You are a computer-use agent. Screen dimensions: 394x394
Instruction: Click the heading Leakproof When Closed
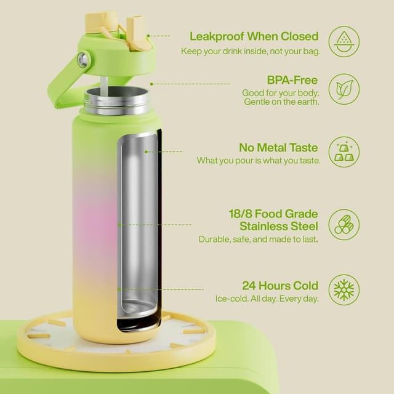[x=254, y=36]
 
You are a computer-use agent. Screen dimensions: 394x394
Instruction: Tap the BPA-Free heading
[x=292, y=81]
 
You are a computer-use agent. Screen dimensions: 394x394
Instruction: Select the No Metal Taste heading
[x=278, y=148]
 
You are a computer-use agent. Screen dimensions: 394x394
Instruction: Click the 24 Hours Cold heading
[x=280, y=286]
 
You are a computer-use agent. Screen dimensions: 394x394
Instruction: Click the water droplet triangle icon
[x=344, y=41]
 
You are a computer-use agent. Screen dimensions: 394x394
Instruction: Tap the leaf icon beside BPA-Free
[x=344, y=89]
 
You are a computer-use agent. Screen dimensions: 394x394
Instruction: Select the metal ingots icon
[x=344, y=151]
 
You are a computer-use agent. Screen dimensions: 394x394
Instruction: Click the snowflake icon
[x=344, y=290]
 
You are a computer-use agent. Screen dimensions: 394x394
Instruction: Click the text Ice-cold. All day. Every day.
[x=267, y=299]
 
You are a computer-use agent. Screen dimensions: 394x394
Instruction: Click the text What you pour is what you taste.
[x=258, y=161]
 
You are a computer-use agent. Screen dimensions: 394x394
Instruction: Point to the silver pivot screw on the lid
[x=83, y=60]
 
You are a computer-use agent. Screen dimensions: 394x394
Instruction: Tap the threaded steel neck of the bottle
[x=116, y=100]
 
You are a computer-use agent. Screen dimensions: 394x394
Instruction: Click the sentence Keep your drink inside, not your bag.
[x=250, y=51]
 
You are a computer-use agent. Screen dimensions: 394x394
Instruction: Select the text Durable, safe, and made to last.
[x=258, y=239]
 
